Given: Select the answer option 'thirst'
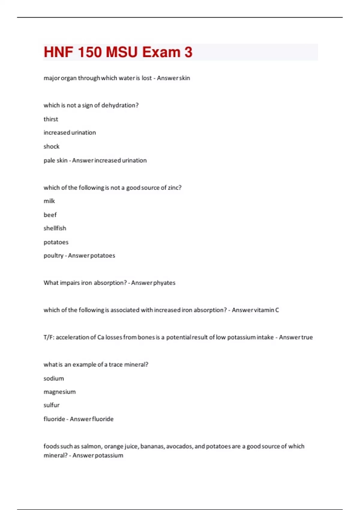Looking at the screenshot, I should pos(51,119).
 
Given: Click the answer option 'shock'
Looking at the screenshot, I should pos(51,146).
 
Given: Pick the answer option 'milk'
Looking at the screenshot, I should pos(49,201).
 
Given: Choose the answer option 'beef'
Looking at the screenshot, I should pos(50,215).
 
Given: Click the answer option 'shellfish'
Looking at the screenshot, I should pos(55,228).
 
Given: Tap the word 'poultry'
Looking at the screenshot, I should pos(53,256).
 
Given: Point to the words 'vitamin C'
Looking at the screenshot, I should pos(267,310).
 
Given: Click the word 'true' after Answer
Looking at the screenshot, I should pos(307,337).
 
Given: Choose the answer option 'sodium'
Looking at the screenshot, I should pos(54,378).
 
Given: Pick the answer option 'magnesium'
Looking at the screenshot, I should pos(59,392).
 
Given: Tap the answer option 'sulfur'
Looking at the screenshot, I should pos(51,405).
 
